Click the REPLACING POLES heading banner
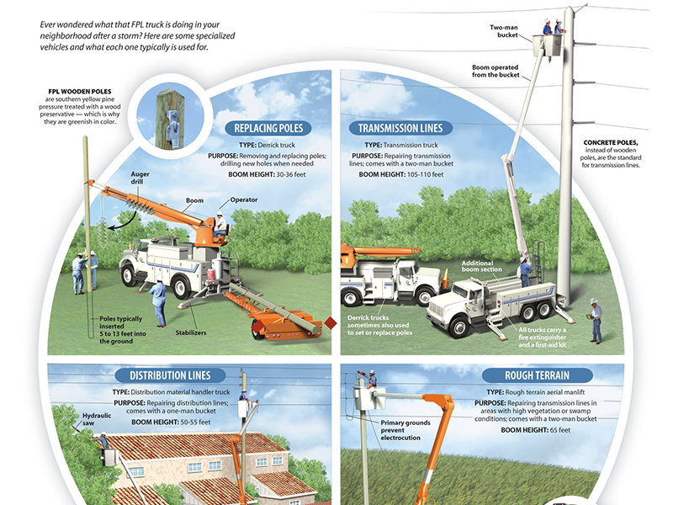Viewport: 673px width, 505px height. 268,129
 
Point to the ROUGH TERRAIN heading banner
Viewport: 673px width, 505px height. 518,375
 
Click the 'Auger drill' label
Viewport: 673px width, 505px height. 140,178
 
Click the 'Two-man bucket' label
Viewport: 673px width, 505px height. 502,31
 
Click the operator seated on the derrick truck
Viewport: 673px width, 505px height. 219,224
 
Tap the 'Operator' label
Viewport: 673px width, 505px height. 244,200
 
